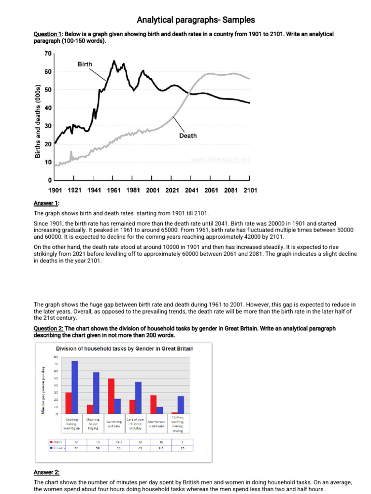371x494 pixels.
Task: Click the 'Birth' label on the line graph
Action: coord(85,64)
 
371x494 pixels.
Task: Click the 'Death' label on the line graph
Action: coord(188,136)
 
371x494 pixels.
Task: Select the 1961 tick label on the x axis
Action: coord(114,191)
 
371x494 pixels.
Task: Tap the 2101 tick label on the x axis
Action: coord(250,191)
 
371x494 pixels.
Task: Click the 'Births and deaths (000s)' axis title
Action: coord(38,121)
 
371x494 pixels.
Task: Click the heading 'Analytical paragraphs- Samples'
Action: coord(196,20)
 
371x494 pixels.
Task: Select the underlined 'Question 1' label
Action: coord(48,35)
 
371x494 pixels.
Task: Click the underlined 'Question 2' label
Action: coord(48,329)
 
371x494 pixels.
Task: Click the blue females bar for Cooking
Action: coord(74,387)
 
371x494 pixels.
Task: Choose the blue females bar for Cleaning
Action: coord(96,393)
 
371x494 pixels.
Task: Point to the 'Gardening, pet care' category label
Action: coord(114,424)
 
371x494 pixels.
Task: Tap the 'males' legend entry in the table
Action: coord(57,441)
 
